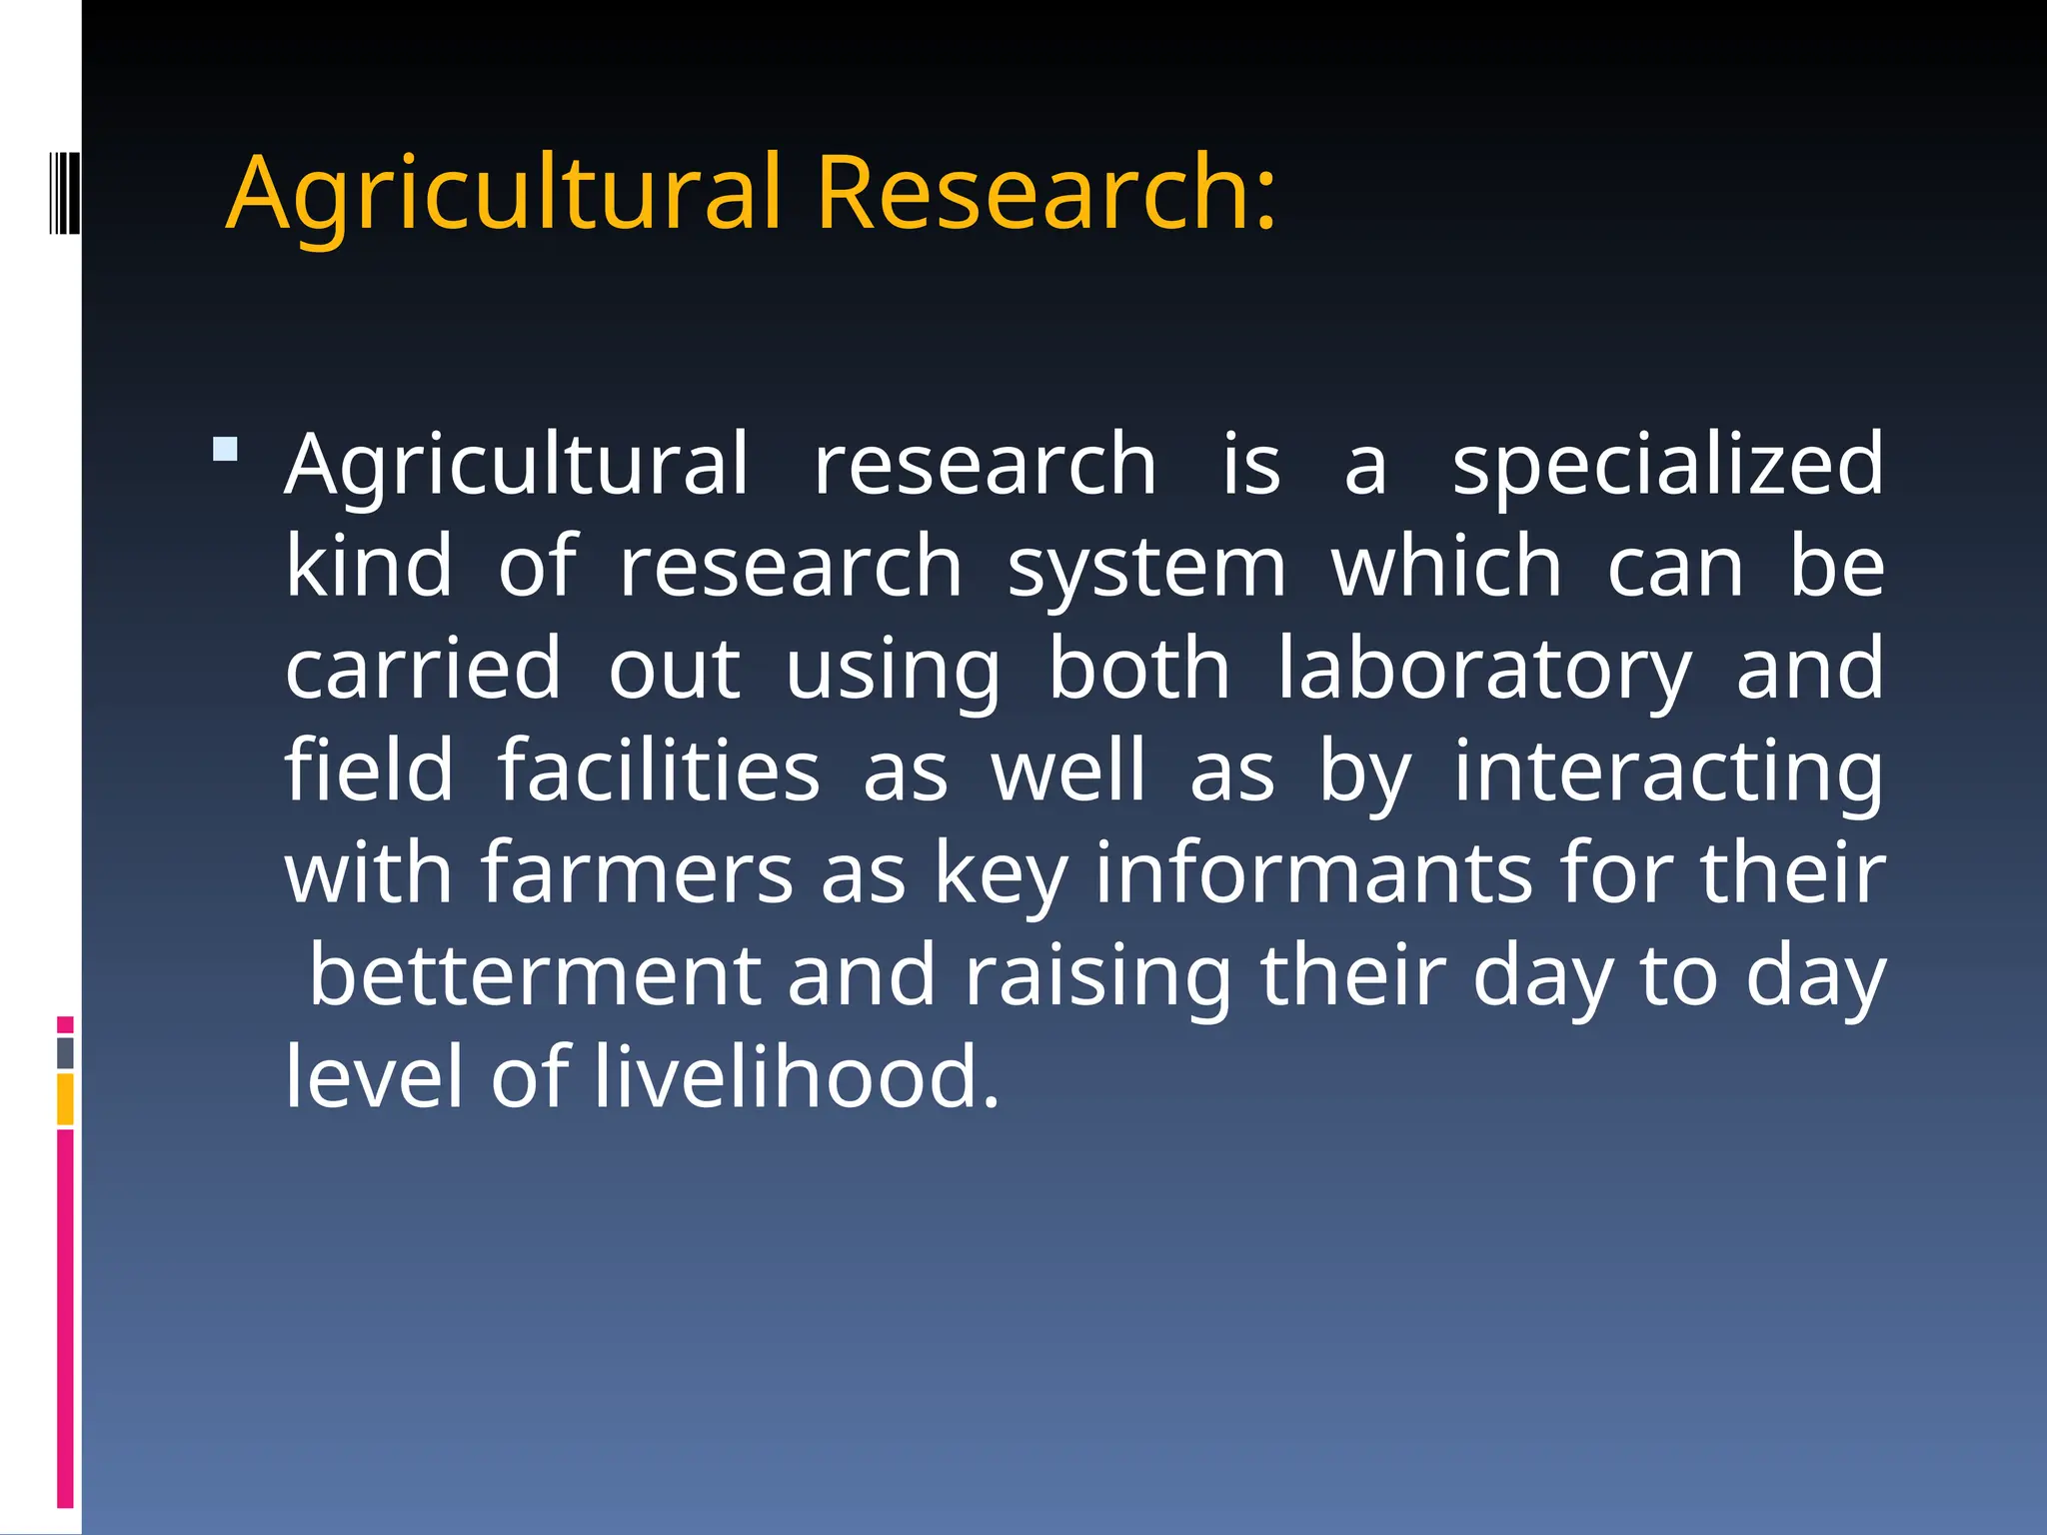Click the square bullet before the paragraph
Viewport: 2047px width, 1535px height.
[x=226, y=449]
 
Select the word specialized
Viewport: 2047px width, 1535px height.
[x=1667, y=466]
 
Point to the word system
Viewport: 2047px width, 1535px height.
[x=1146, y=568]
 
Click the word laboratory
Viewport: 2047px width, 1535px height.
[x=1485, y=670]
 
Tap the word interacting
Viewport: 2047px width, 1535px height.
[x=1667, y=772]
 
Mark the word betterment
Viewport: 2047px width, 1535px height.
[x=536, y=975]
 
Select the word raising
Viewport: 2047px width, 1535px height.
[x=1097, y=977]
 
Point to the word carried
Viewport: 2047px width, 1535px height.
[x=423, y=670]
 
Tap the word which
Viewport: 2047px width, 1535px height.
[x=1446, y=568]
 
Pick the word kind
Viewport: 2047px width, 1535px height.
[x=369, y=568]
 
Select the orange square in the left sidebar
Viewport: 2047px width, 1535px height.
[x=65, y=1099]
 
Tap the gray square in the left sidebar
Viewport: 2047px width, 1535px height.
[x=65, y=1053]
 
